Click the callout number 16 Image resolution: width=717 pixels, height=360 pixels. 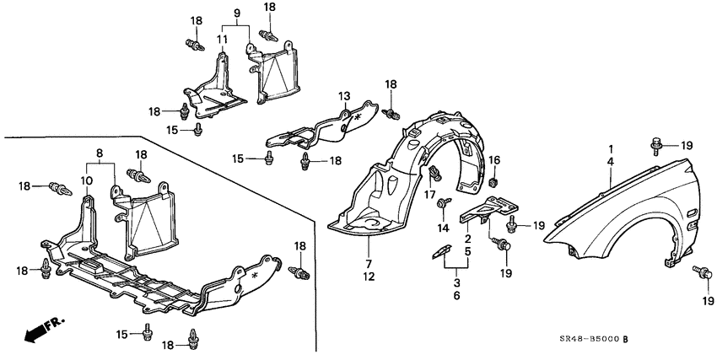coord(495,159)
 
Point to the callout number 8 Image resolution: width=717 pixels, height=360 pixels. coord(100,154)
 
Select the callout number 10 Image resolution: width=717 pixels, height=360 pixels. coord(88,180)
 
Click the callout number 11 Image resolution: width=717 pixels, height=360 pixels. coord(223,39)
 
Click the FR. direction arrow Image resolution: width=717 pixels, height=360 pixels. coord(38,331)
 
